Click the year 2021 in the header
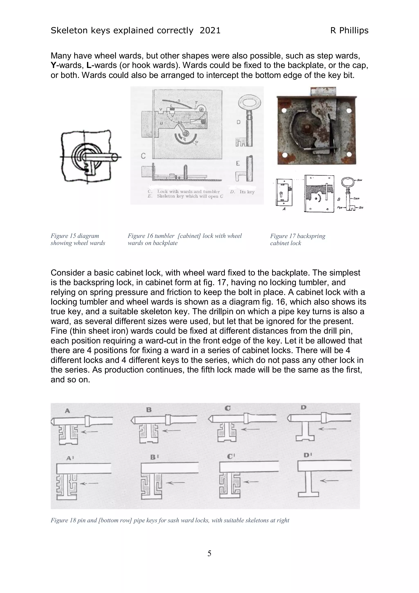pyautogui.click(x=210, y=30)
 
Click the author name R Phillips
pyautogui.click(x=349, y=30)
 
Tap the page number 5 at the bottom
pyautogui.click(x=209, y=553)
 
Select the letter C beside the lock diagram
pyautogui.click(x=143, y=156)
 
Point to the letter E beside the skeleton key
pyautogui.click(x=238, y=163)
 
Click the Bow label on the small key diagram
pyautogui.click(x=360, y=180)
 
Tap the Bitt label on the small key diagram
pyautogui.click(x=361, y=207)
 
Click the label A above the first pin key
pyautogui.click(x=67, y=410)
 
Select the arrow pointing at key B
pyautogui.click(x=172, y=430)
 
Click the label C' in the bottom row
pyautogui.click(x=231, y=456)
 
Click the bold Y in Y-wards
pyautogui.click(x=53, y=65)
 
